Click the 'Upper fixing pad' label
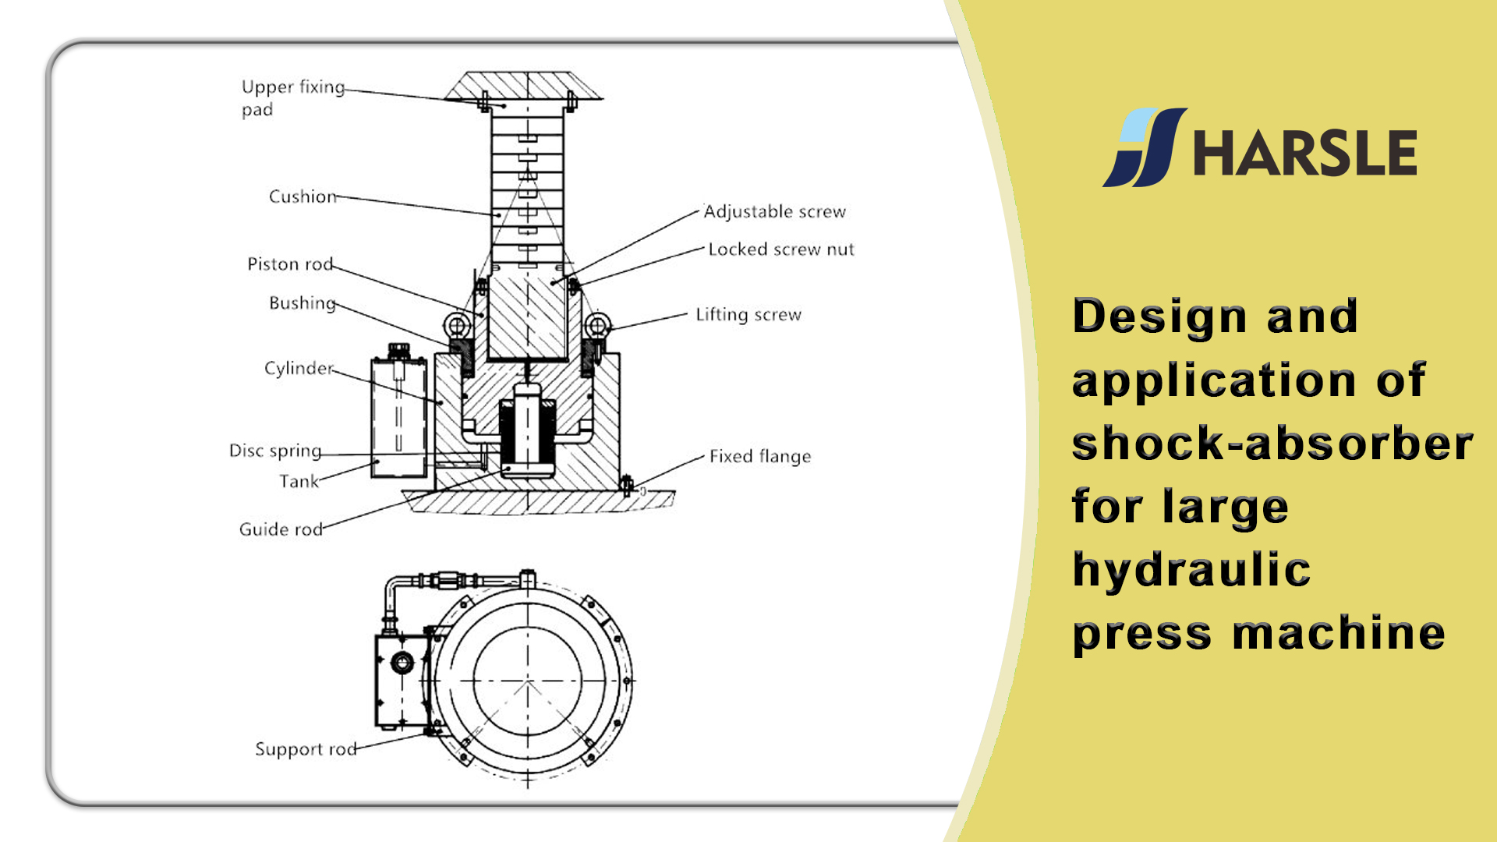292,97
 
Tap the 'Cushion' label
303,196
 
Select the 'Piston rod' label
289,264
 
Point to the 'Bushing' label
302,302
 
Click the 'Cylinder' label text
298,368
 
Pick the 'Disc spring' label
274,451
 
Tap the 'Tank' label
299,482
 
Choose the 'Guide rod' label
280,529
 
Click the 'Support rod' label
305,749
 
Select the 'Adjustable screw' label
774,212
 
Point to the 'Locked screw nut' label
780,249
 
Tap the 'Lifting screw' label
748,315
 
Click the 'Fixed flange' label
759,457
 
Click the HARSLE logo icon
1144,147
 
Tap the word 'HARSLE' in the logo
1304,154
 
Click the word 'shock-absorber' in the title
1272,443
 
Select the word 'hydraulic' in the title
1191,570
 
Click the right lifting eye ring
597,324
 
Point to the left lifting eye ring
458,324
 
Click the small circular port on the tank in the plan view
402,663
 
